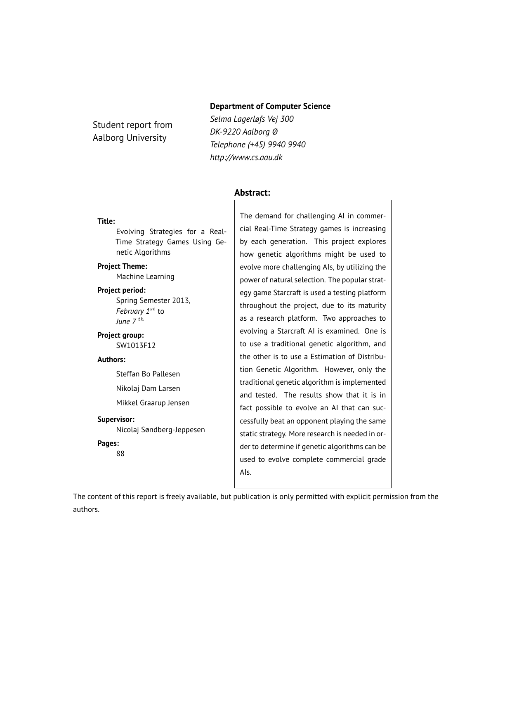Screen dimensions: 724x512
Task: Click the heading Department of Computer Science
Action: pyautogui.click(x=270, y=106)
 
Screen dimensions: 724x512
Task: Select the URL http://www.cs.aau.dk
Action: pyautogui.click(x=246, y=157)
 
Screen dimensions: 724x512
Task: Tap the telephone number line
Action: pyautogui.click(x=257, y=144)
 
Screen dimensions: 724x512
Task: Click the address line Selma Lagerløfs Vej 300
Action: pyautogui.click(x=252, y=119)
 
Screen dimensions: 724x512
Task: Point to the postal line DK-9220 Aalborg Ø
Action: pyautogui.click(x=243, y=132)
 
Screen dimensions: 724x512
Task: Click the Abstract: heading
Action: pyautogui.click(x=252, y=193)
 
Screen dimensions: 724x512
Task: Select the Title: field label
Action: pyautogui.click(x=106, y=221)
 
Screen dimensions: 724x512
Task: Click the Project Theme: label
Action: pyautogui.click(x=122, y=266)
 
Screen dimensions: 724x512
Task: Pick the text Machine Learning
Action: pyautogui.click(x=145, y=277)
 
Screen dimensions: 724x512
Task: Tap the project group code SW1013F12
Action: pyautogui.click(x=136, y=345)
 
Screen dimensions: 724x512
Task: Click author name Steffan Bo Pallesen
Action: pyautogui.click(x=148, y=374)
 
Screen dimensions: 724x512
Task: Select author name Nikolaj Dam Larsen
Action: pyautogui.click(x=148, y=388)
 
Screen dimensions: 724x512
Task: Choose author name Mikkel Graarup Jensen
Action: pyautogui.click(x=153, y=403)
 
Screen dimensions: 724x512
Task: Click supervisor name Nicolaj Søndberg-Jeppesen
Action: pyautogui.click(x=160, y=430)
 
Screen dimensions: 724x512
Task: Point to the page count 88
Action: pyautogui.click(x=120, y=454)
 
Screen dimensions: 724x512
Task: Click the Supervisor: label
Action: pyautogui.click(x=116, y=419)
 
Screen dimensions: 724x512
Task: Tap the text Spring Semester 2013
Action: pyautogui.click(x=153, y=300)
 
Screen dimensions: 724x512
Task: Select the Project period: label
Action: pyautogui.click(x=121, y=290)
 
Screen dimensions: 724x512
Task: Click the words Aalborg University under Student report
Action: pyautogui.click(x=130, y=138)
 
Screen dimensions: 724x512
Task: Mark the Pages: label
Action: pyautogui.click(x=108, y=443)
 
